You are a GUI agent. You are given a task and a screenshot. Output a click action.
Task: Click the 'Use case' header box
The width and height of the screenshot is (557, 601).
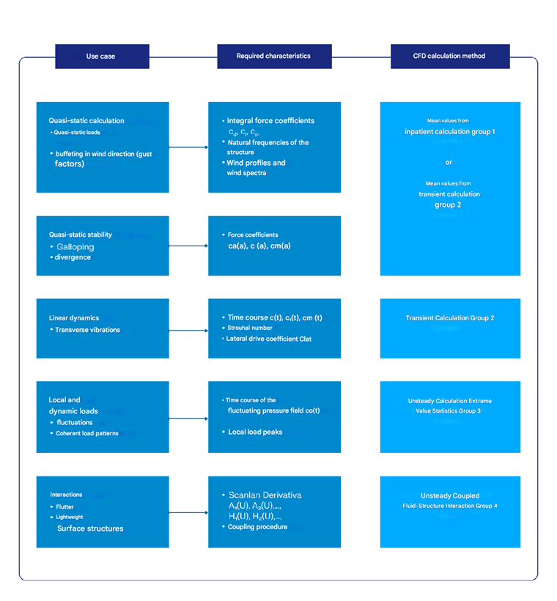click(x=102, y=56)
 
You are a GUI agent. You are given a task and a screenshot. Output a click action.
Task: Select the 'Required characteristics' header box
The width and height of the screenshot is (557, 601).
click(x=273, y=56)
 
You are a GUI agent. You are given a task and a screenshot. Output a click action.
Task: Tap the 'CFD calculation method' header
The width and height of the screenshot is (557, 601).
click(x=449, y=56)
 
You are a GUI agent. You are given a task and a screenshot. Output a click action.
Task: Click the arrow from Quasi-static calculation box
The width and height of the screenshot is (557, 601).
click(x=188, y=147)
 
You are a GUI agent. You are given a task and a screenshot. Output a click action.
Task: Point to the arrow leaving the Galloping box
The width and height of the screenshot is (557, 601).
click(x=188, y=246)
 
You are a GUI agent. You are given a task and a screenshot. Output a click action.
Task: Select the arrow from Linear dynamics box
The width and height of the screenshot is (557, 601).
click(x=188, y=328)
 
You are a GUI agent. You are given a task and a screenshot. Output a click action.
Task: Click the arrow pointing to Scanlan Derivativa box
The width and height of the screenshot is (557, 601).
click(x=188, y=512)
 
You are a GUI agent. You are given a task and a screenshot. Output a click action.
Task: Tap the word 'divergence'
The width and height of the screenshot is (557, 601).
click(x=73, y=258)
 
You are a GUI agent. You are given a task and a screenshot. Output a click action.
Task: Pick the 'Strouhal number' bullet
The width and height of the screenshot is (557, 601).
click(x=250, y=328)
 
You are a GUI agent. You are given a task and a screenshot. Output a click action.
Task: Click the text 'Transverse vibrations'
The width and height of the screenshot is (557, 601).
click(x=87, y=330)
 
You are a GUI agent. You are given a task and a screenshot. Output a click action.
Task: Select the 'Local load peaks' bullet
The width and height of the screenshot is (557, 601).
click(x=254, y=432)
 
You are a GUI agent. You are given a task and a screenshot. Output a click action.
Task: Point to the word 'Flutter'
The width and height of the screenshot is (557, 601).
click(x=65, y=506)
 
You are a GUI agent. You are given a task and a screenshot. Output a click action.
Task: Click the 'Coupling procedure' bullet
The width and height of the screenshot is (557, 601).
click(x=257, y=527)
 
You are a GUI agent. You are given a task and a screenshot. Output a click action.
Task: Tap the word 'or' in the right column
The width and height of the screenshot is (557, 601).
click(x=449, y=162)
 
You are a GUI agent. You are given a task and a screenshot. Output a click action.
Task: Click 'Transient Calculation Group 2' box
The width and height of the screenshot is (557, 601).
click(x=450, y=318)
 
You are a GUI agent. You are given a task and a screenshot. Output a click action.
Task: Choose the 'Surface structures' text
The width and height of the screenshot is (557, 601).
click(x=89, y=528)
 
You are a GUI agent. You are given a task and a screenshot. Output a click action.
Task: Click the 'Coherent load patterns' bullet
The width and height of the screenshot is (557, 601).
click(x=87, y=433)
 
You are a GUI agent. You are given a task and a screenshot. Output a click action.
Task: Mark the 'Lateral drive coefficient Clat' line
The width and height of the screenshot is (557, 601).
click(x=268, y=339)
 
